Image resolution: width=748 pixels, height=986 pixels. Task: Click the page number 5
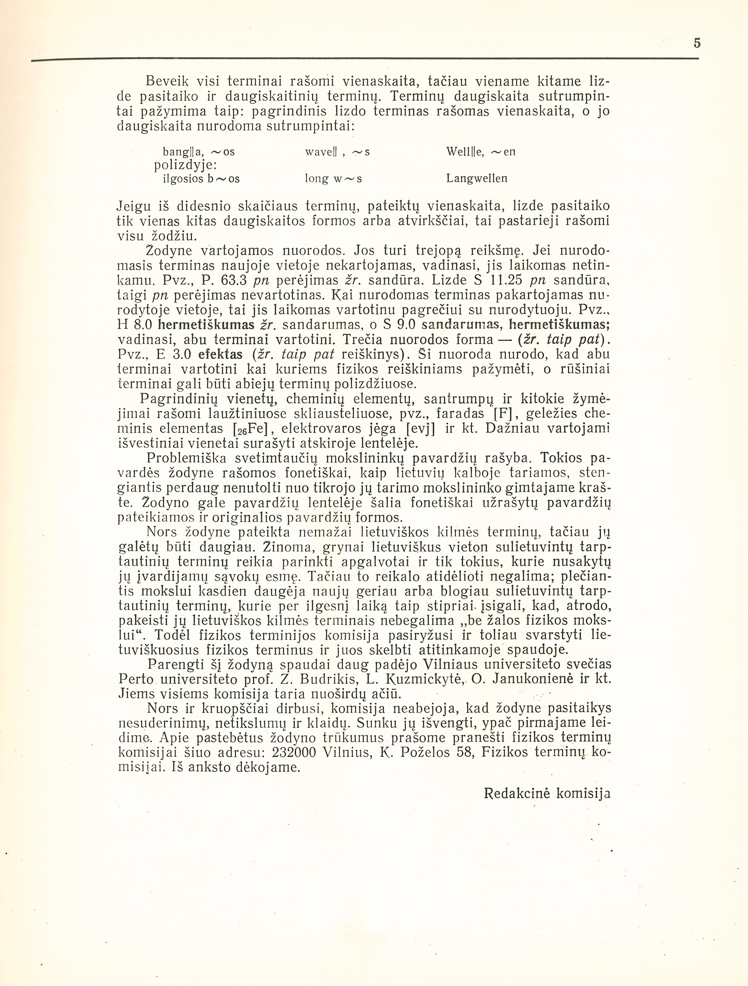(x=697, y=43)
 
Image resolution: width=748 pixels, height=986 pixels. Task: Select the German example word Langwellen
(x=477, y=179)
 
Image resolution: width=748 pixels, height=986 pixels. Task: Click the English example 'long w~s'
(x=333, y=179)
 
